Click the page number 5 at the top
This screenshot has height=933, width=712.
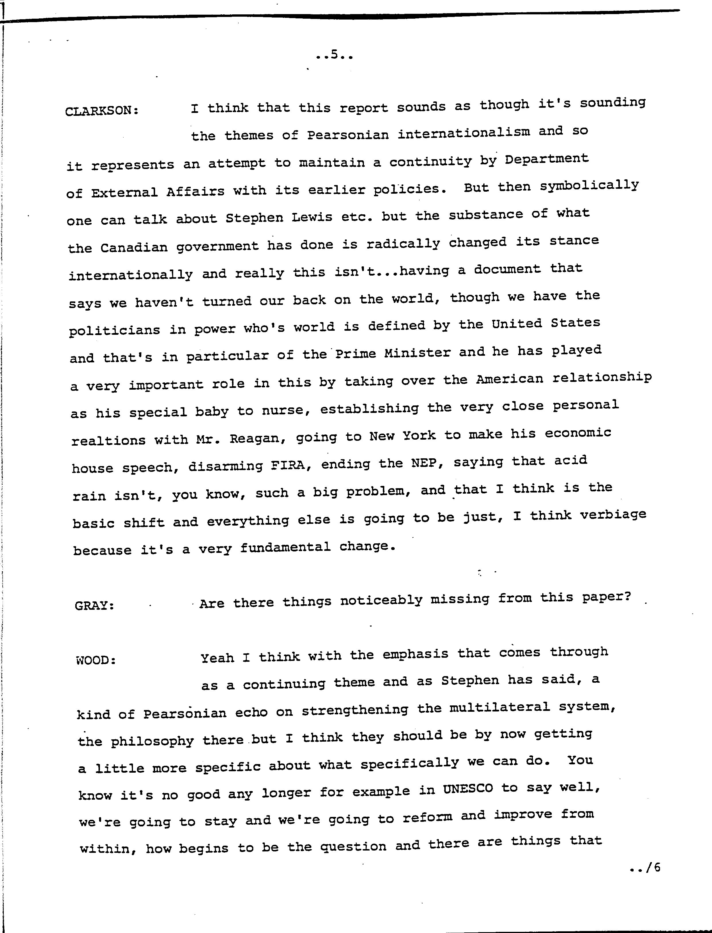pos(334,54)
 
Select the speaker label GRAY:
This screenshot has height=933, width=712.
pos(94,605)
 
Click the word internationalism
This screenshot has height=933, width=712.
pos(464,133)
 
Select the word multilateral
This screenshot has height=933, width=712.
pos(499,707)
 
